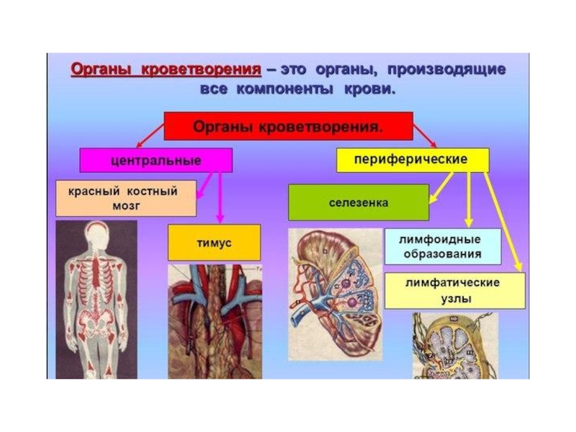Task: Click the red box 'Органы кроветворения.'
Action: click(x=287, y=126)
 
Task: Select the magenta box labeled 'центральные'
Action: click(x=156, y=160)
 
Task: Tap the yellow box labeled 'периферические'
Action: click(x=412, y=159)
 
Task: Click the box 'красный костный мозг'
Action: click(x=125, y=198)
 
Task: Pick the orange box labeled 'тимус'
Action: click(x=214, y=243)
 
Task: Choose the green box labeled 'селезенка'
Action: click(x=358, y=202)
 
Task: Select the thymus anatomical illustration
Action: click(x=214, y=320)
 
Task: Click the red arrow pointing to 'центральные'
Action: click(x=150, y=135)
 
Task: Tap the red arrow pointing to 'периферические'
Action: click(x=426, y=135)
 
